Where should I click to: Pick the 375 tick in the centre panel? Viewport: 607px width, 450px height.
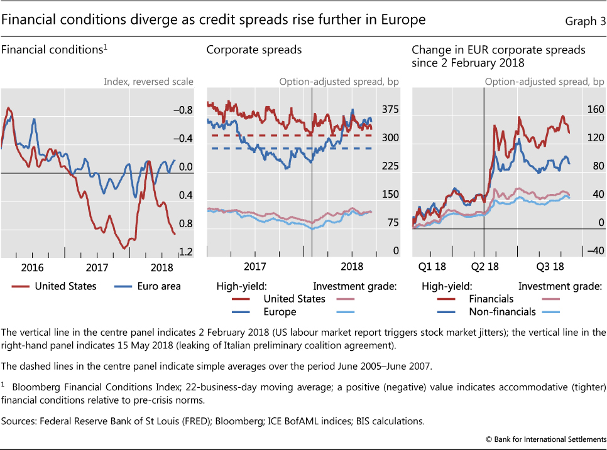pos(391,110)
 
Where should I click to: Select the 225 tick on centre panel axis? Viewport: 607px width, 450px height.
pos(391,166)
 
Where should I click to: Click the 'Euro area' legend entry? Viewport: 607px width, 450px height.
pos(159,286)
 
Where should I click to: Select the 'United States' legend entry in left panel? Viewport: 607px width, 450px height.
pos(65,286)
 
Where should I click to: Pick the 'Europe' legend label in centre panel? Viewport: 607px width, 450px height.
pos(280,311)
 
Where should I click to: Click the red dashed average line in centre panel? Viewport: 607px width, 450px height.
pos(289,135)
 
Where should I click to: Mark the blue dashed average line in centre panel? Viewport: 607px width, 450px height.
pos(289,148)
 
